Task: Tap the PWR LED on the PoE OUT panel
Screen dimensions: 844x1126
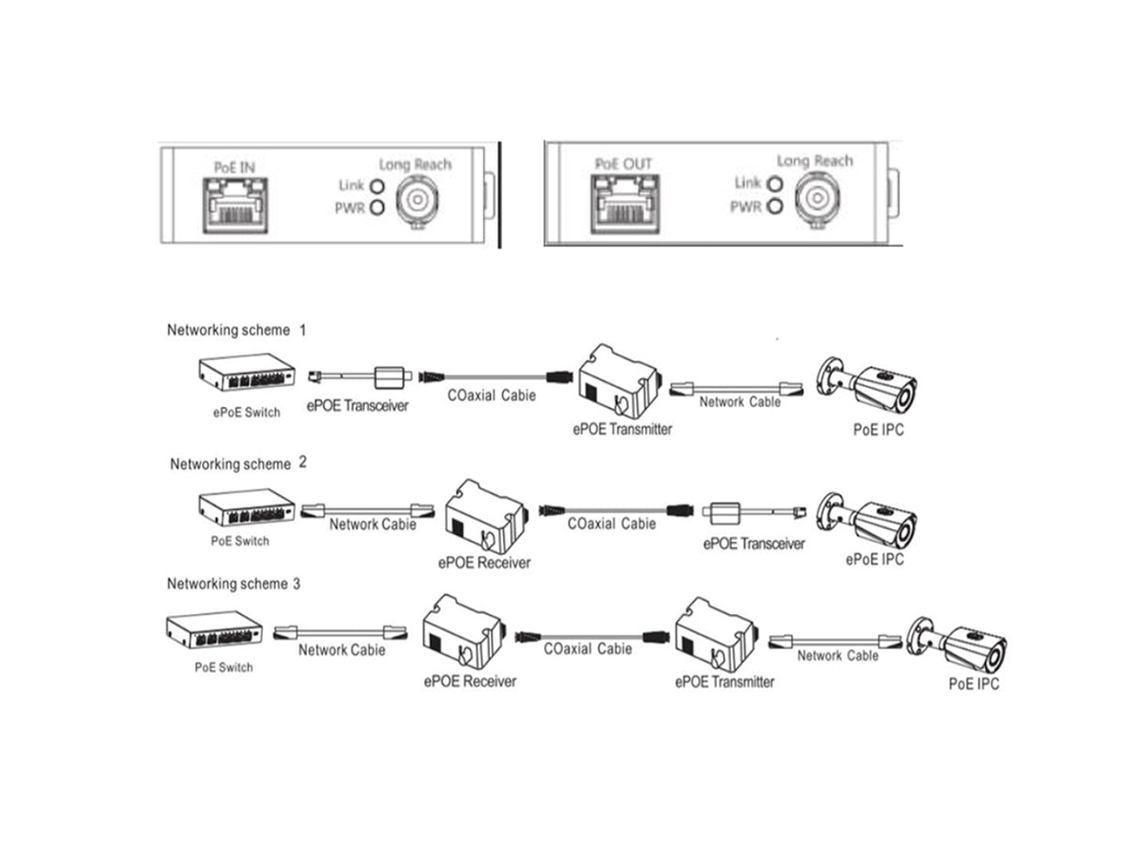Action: click(x=774, y=206)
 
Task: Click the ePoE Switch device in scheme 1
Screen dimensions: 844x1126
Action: click(x=246, y=374)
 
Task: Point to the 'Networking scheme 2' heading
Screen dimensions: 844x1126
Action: click(x=231, y=463)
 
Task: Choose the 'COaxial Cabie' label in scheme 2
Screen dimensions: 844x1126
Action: click(x=611, y=524)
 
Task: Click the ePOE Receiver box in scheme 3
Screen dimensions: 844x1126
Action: click(x=465, y=635)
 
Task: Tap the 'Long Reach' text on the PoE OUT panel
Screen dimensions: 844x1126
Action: click(x=814, y=161)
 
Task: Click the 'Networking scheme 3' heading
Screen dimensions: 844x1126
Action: click(x=234, y=583)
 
